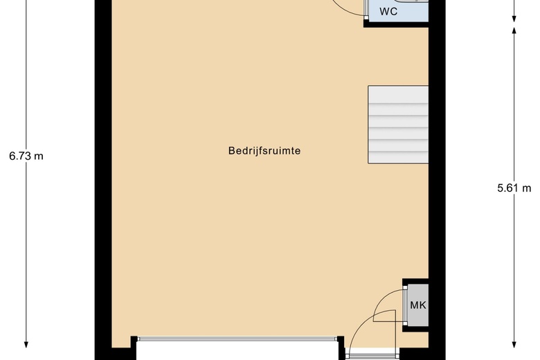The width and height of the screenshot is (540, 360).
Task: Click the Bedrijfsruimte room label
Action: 264,151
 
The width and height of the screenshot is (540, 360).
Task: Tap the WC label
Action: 388,11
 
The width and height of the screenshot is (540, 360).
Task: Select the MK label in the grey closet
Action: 418,305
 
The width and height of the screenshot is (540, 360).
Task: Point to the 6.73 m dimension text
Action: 26,156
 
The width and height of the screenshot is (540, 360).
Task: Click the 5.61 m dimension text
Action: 514,188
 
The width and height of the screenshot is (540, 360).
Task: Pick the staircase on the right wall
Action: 398,125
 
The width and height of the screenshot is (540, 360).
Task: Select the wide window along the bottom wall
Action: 237,339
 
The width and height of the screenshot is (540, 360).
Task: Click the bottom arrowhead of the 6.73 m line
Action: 26,345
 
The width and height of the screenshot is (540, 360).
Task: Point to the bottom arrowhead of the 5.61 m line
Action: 514,345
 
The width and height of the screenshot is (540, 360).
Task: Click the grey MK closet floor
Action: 418,305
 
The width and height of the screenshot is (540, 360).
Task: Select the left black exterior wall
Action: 103,179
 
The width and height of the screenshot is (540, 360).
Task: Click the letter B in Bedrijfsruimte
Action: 231,150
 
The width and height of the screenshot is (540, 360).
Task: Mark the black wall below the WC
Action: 396,24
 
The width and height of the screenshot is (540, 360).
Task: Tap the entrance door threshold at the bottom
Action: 372,354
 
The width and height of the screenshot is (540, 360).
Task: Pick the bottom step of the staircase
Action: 398,156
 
